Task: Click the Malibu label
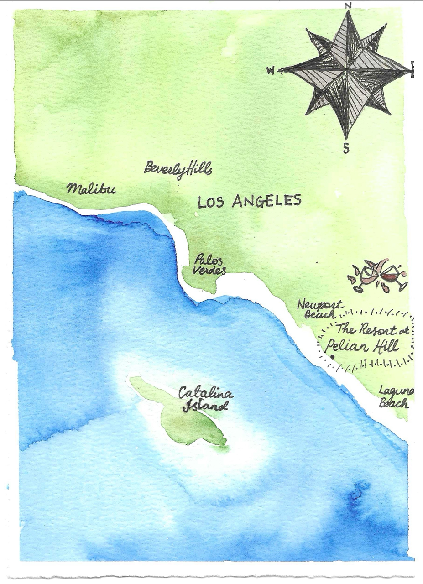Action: tap(91, 188)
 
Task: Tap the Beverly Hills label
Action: tap(178, 170)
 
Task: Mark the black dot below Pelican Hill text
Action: tap(333, 357)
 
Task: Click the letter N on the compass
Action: tap(348, 5)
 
